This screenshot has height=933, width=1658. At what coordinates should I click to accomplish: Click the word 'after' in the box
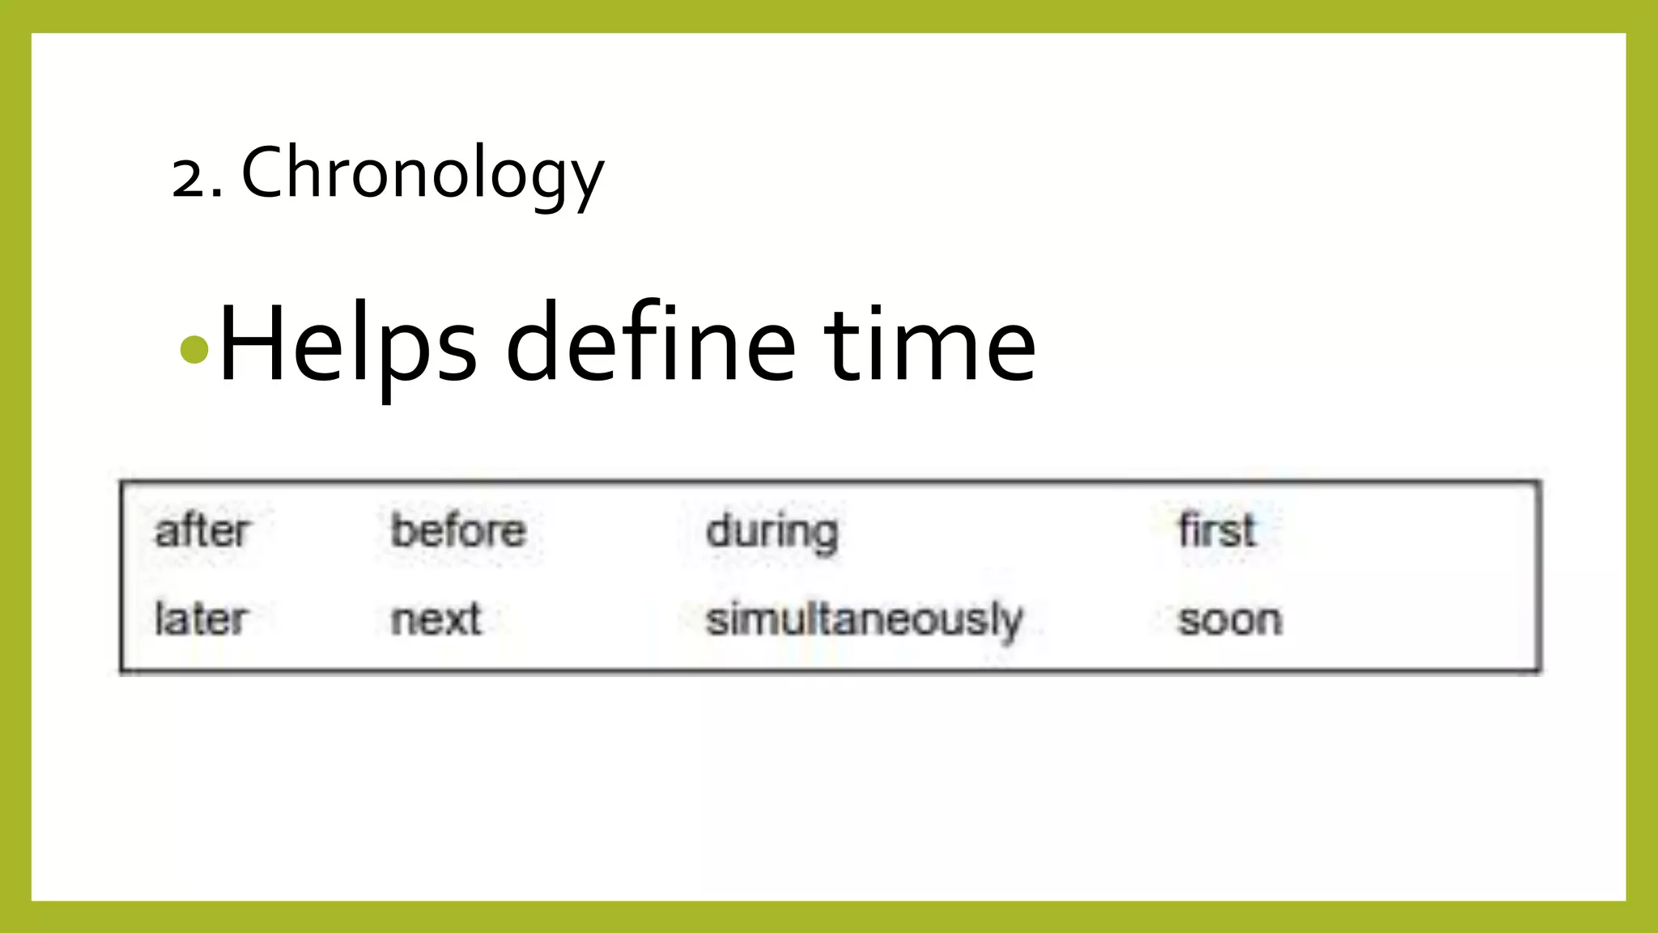click(202, 531)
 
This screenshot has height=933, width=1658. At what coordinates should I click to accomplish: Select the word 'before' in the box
click(458, 531)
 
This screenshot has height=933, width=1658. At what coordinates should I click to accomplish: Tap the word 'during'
click(772, 533)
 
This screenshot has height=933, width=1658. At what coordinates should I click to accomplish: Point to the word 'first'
click(1217, 531)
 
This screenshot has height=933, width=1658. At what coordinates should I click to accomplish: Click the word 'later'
click(201, 620)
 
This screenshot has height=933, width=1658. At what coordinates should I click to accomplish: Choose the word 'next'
click(436, 620)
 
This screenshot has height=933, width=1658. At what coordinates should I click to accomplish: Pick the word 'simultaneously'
click(864, 621)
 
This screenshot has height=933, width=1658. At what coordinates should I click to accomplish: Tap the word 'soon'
click(1230, 621)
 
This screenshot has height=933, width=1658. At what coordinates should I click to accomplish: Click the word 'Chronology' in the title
click(423, 173)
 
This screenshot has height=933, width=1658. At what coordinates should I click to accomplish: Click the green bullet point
click(195, 350)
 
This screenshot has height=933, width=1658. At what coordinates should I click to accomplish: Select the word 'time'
click(930, 344)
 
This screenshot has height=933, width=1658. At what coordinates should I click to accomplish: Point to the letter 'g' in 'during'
click(823, 538)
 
